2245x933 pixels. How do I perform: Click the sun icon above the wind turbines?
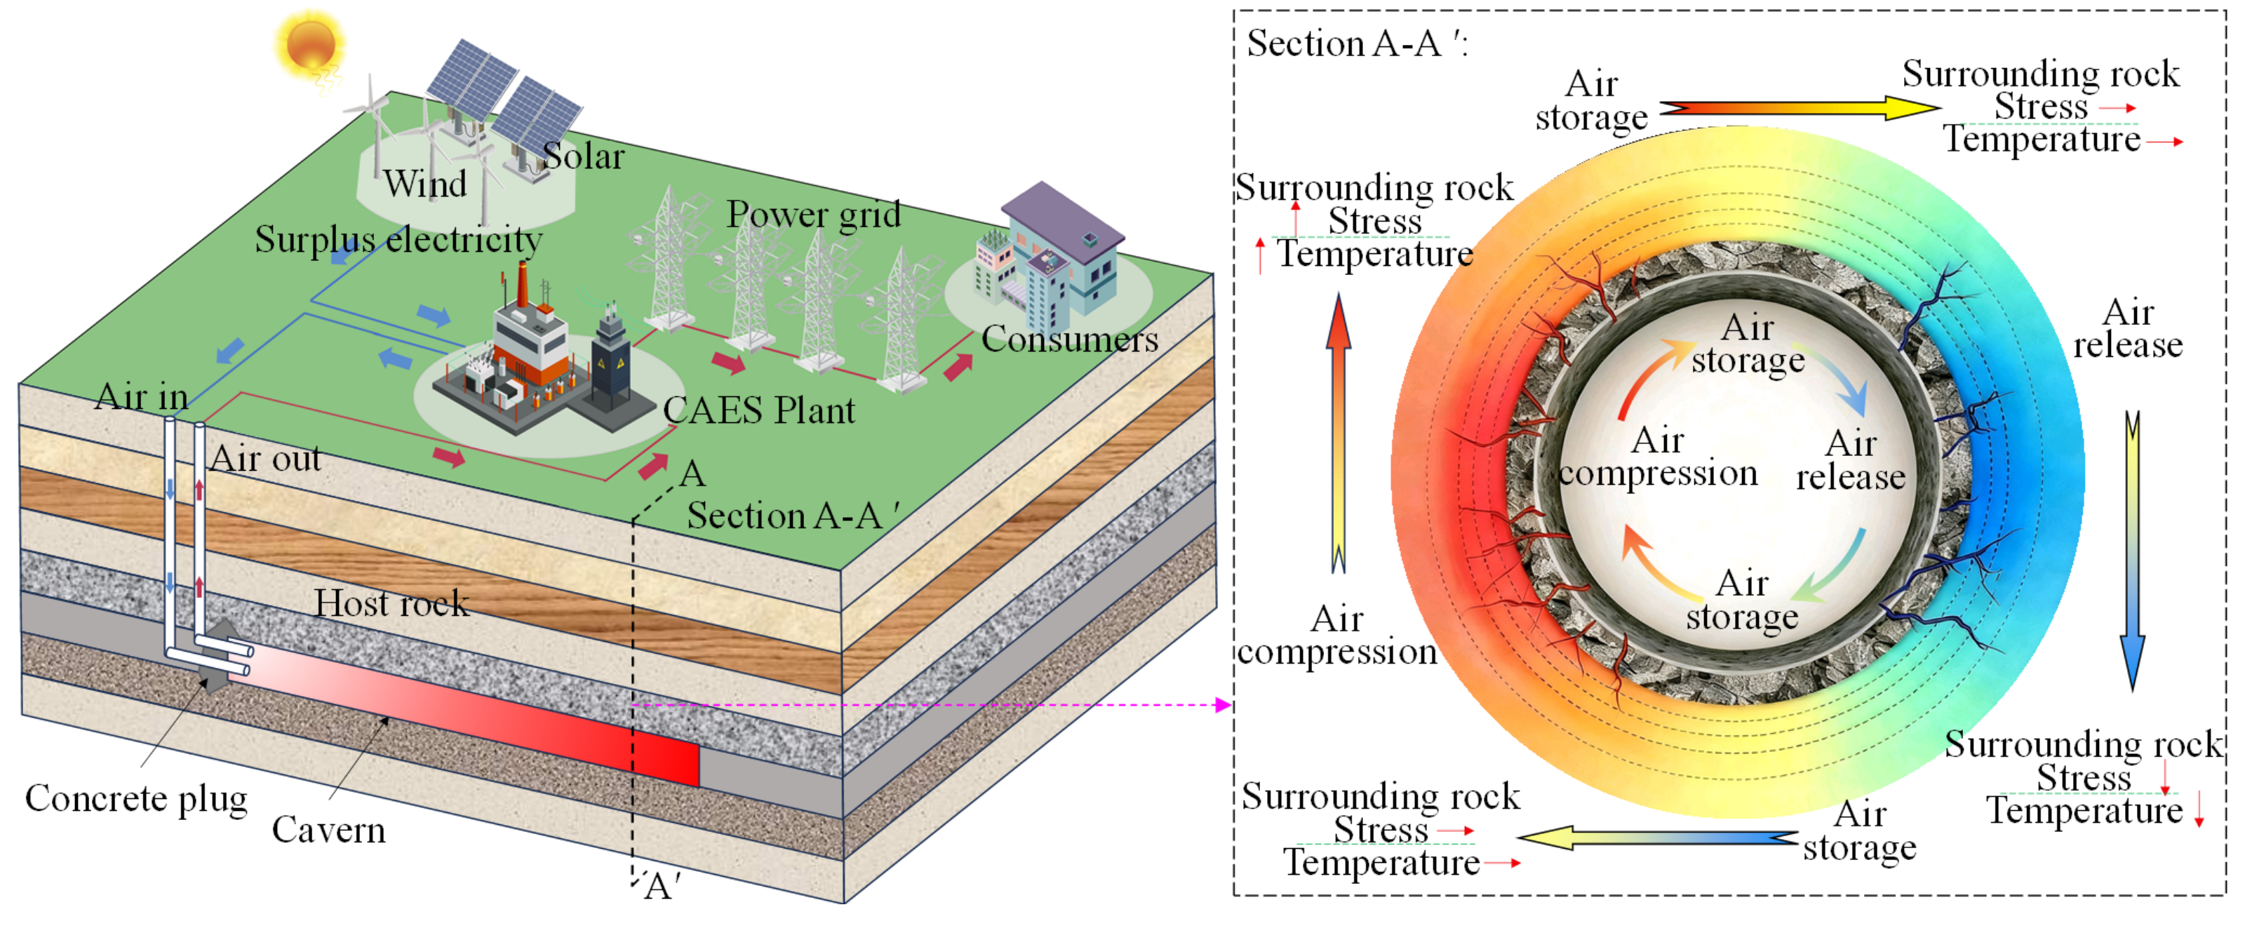coord(310,43)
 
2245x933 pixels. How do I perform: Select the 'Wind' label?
coord(425,184)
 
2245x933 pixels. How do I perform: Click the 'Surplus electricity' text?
coord(398,240)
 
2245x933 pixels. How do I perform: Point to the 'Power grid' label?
coord(813,214)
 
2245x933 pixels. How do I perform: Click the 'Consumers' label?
coord(1069,339)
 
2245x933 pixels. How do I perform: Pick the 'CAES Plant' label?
coord(758,410)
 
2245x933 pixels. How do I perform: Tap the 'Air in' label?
coord(141,397)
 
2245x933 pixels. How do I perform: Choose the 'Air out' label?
coord(266,459)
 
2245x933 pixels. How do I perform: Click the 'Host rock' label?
coord(391,603)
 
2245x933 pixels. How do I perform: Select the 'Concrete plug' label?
coord(136,799)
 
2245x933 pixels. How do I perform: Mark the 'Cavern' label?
coord(328,830)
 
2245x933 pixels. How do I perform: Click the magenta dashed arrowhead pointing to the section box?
coord(1223,705)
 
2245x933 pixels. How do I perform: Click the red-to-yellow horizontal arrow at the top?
coord(1800,109)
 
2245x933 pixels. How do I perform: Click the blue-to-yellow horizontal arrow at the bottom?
coord(1656,838)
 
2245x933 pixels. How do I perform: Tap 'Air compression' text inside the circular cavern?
coord(1658,457)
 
